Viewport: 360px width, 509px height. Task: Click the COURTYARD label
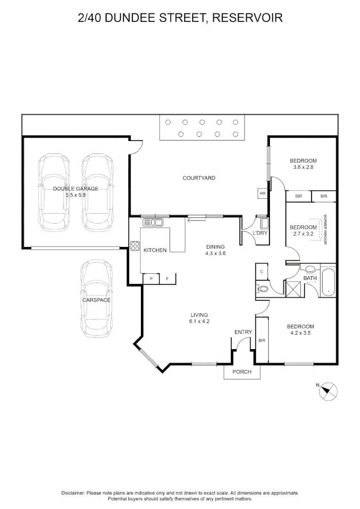point(199,178)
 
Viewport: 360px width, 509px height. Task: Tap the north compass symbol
point(328,392)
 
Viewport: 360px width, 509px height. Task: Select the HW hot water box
point(262,194)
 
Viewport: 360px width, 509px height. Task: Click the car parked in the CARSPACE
point(97,298)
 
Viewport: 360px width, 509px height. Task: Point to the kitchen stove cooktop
point(135,246)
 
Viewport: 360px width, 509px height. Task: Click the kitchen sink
point(153,222)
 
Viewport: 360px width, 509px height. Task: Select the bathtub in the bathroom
point(328,280)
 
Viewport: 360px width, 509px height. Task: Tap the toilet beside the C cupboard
point(262,288)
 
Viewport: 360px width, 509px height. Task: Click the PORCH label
point(242,372)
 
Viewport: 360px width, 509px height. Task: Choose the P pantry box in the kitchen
point(151,279)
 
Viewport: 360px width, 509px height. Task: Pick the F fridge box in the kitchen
point(167,279)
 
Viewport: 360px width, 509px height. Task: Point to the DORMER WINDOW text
point(325,230)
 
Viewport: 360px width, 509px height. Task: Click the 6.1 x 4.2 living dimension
point(199,321)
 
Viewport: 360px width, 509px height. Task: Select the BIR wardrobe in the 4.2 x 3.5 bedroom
point(262,340)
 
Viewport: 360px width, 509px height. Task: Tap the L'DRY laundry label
point(260,233)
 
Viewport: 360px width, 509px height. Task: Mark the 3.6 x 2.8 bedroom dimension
point(303,167)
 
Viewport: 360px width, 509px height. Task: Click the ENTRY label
point(243,332)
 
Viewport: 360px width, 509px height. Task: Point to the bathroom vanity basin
point(310,269)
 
